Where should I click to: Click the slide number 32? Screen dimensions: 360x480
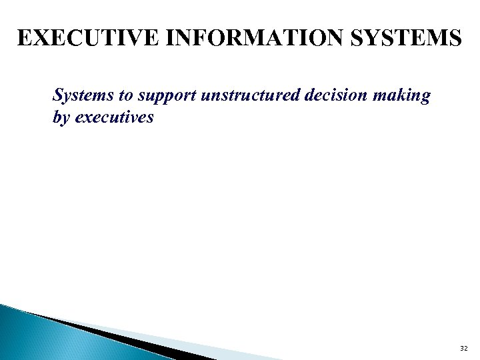point(464,348)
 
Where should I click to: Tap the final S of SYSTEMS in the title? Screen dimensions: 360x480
point(453,37)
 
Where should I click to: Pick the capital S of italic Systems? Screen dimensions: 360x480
point(58,96)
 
